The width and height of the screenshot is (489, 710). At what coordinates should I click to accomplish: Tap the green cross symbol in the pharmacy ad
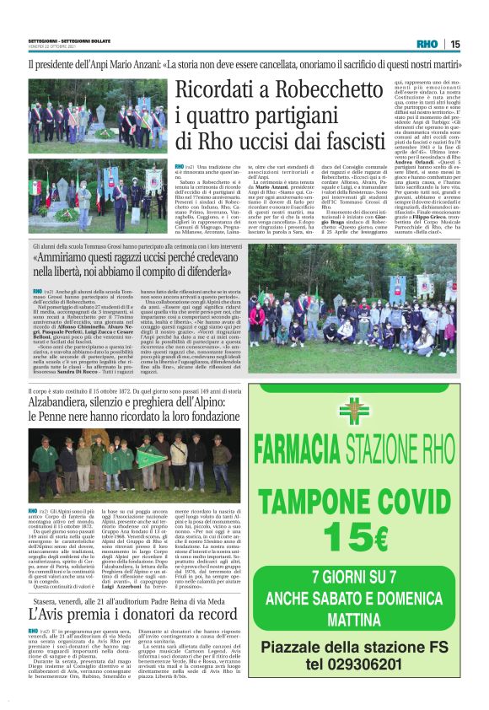[354, 411]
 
